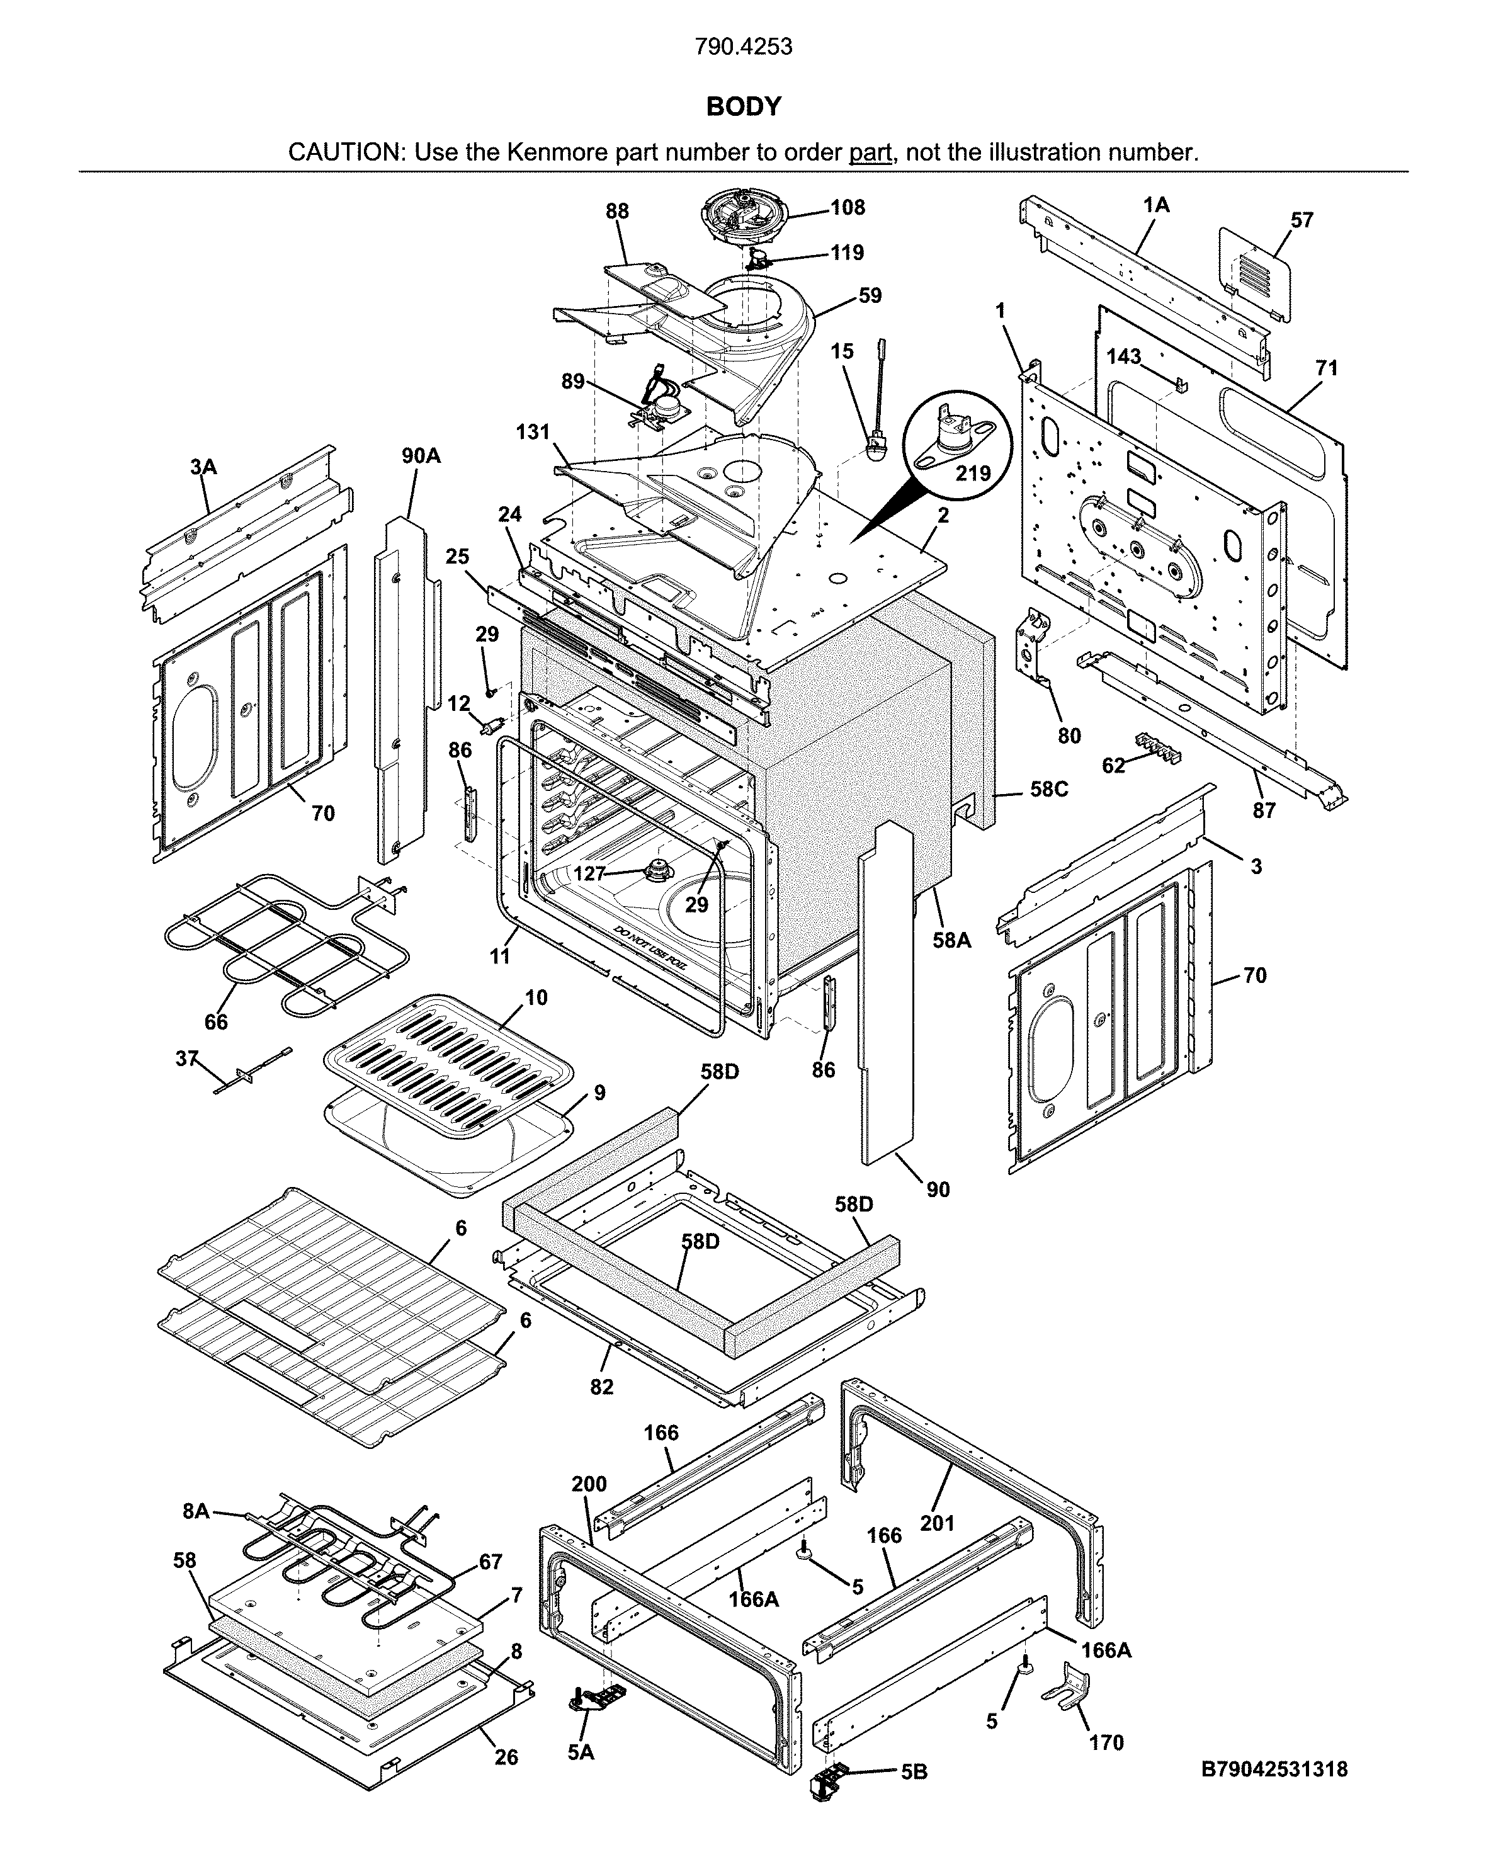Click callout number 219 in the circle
tap(973, 473)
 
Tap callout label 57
tap(1302, 220)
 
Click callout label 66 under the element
tap(215, 1022)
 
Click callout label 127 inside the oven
tap(590, 873)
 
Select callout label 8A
tap(196, 1511)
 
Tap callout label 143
tap(1123, 356)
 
